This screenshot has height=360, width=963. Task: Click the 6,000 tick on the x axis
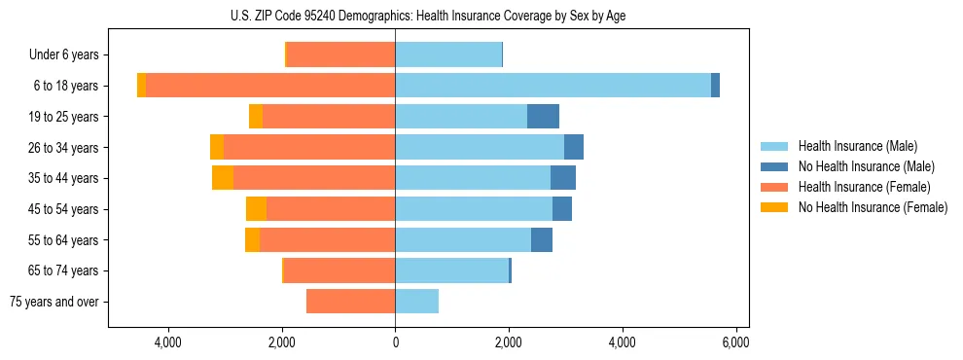(735, 342)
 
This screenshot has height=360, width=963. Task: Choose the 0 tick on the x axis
(395, 342)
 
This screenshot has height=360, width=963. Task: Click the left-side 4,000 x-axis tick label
(168, 342)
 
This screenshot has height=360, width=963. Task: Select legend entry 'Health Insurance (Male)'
(857, 146)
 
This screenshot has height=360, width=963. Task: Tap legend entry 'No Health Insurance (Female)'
(873, 207)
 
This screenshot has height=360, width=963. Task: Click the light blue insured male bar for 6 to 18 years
(553, 86)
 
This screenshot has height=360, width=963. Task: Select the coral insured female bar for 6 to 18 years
(270, 86)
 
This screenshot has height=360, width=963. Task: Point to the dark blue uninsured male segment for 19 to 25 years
(543, 117)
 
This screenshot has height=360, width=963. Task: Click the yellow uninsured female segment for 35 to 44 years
(223, 178)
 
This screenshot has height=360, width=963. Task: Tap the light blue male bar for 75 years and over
(416, 302)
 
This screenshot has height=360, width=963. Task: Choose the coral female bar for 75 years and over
(350, 302)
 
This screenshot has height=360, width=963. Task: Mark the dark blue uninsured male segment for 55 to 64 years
(542, 239)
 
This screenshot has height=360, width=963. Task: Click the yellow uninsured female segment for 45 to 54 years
(256, 209)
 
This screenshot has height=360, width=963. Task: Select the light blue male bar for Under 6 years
(448, 55)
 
